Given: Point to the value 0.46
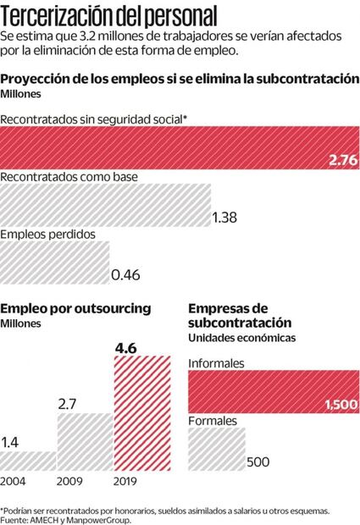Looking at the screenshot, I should [x=126, y=274].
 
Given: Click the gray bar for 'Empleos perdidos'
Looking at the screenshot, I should [x=55, y=262].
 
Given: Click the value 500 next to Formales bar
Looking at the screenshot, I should [x=258, y=461].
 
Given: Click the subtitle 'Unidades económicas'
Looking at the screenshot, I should [x=241, y=338].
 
